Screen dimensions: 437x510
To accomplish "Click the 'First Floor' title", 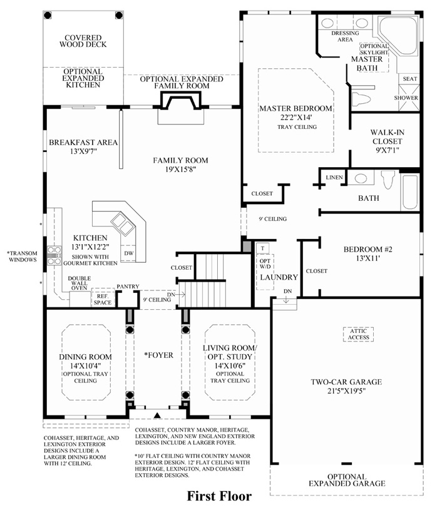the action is click(x=219, y=496).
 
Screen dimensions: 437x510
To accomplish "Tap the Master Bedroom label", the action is click(x=296, y=108).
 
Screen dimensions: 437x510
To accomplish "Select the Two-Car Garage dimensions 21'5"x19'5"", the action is click(x=347, y=390).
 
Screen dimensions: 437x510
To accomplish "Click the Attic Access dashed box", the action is click(x=358, y=334).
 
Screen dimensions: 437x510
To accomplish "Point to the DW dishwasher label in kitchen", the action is click(x=129, y=253).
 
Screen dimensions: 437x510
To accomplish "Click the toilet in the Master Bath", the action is click(x=361, y=98).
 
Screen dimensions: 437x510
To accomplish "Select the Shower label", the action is click(x=406, y=98).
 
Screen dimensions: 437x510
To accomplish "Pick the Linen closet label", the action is click(x=334, y=177).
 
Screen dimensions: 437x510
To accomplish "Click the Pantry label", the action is click(x=128, y=287).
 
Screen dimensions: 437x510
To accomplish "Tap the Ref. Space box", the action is click(x=103, y=297).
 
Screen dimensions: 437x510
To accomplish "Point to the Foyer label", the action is click(x=159, y=355).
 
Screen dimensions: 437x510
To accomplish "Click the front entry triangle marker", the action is click(x=158, y=415).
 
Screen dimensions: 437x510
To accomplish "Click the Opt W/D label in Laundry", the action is click(x=265, y=264).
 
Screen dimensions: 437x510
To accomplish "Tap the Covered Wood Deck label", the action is click(x=83, y=41).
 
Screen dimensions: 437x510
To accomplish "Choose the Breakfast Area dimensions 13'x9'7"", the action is click(x=83, y=151).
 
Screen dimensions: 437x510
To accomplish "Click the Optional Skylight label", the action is click(x=374, y=49).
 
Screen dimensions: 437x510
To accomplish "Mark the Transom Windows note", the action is click(x=23, y=257).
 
